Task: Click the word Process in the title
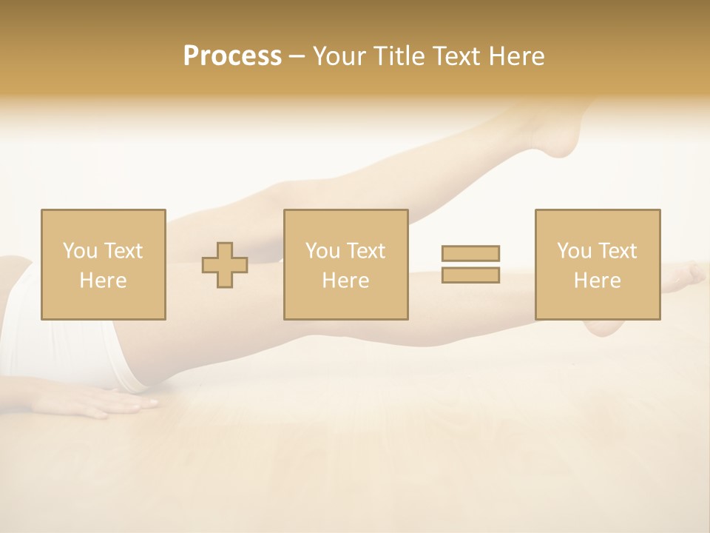(232, 56)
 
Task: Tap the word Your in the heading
(342, 56)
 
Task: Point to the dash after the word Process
(297, 57)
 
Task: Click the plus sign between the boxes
(225, 265)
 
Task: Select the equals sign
(470, 264)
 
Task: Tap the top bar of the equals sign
(470, 254)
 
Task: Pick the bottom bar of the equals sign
(470, 275)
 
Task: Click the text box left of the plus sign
(103, 264)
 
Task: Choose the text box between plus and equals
(345, 264)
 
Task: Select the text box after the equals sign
(598, 264)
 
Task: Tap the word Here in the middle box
(345, 281)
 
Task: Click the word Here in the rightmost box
(598, 281)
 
